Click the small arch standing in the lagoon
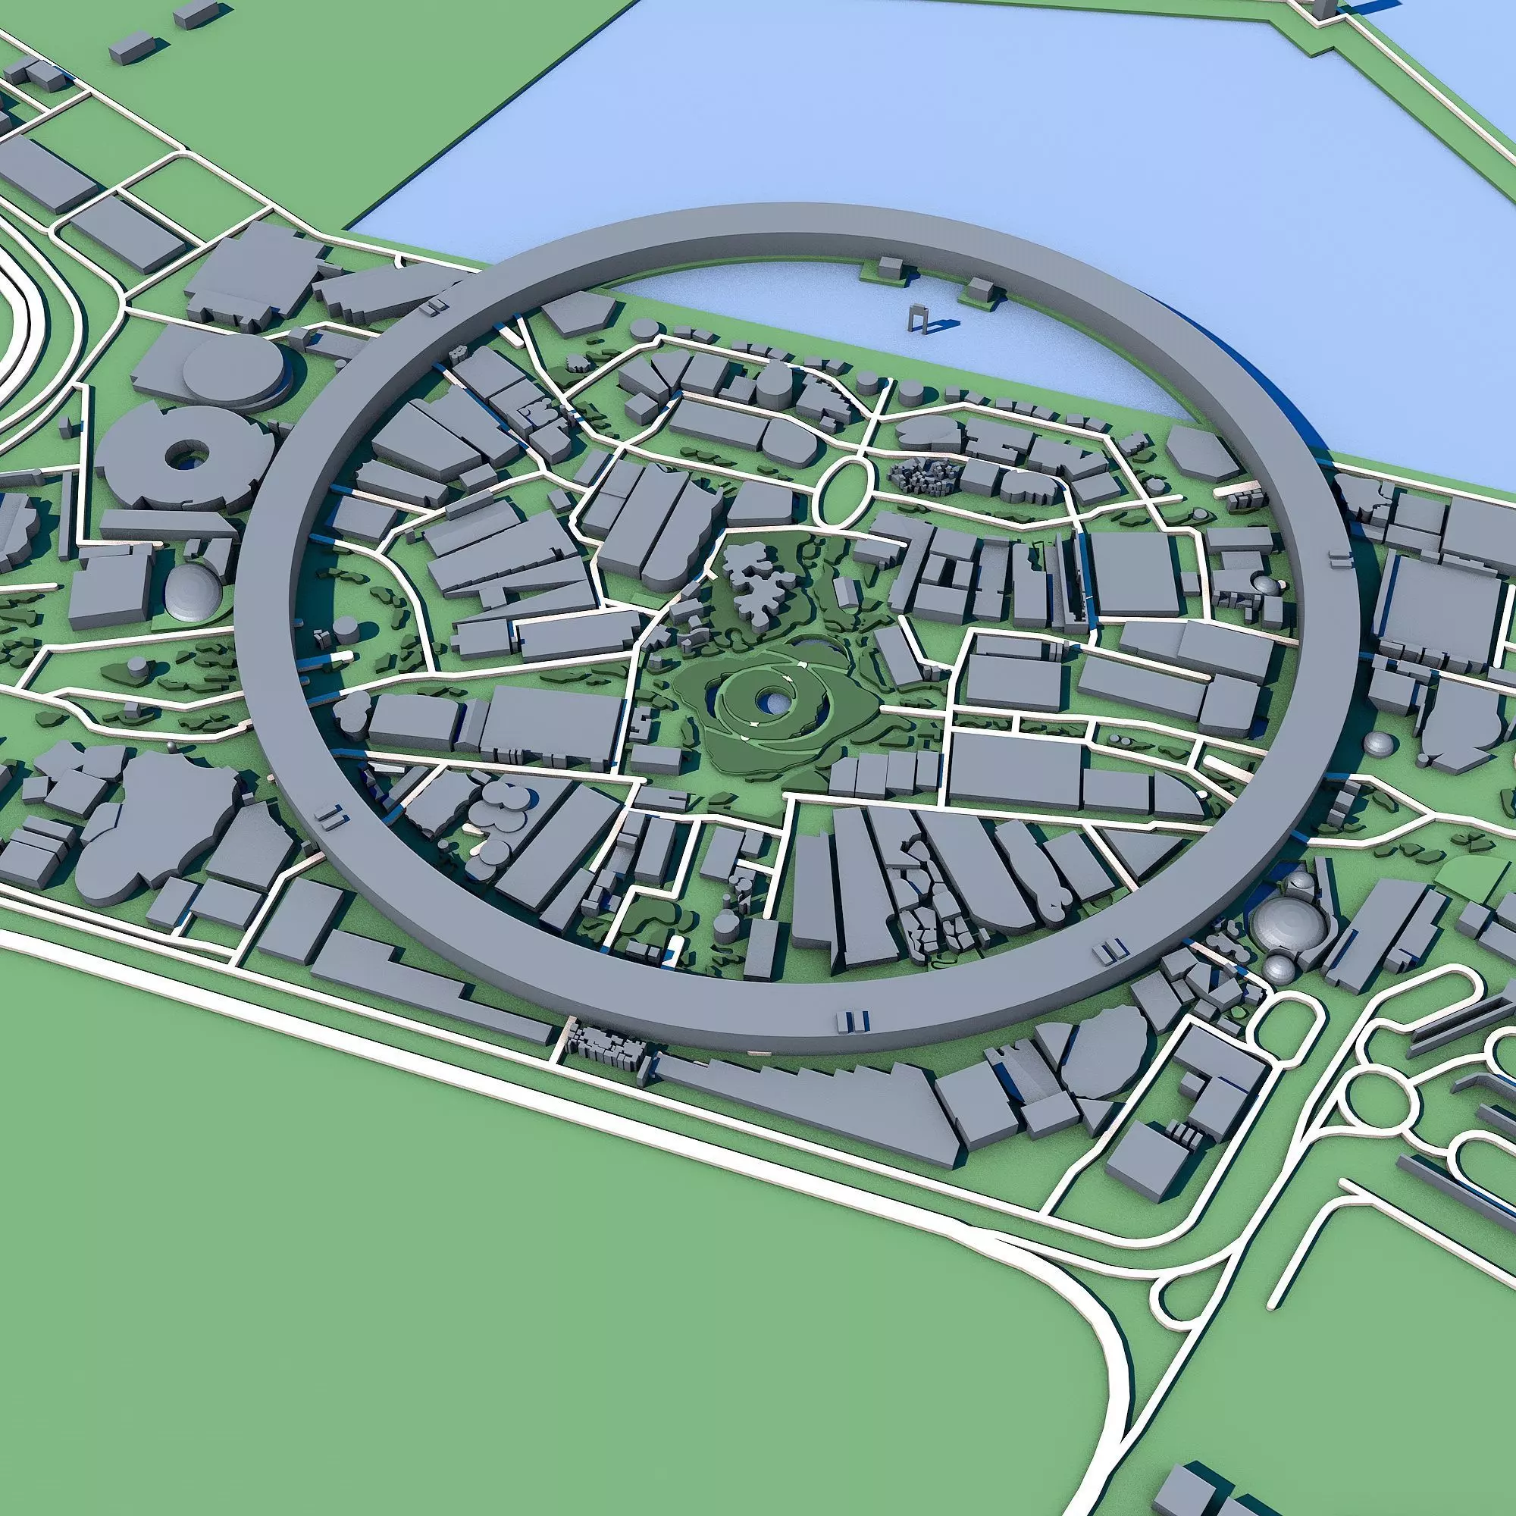[918, 320]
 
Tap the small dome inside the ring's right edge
[1265, 584]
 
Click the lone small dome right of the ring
[1379, 741]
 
